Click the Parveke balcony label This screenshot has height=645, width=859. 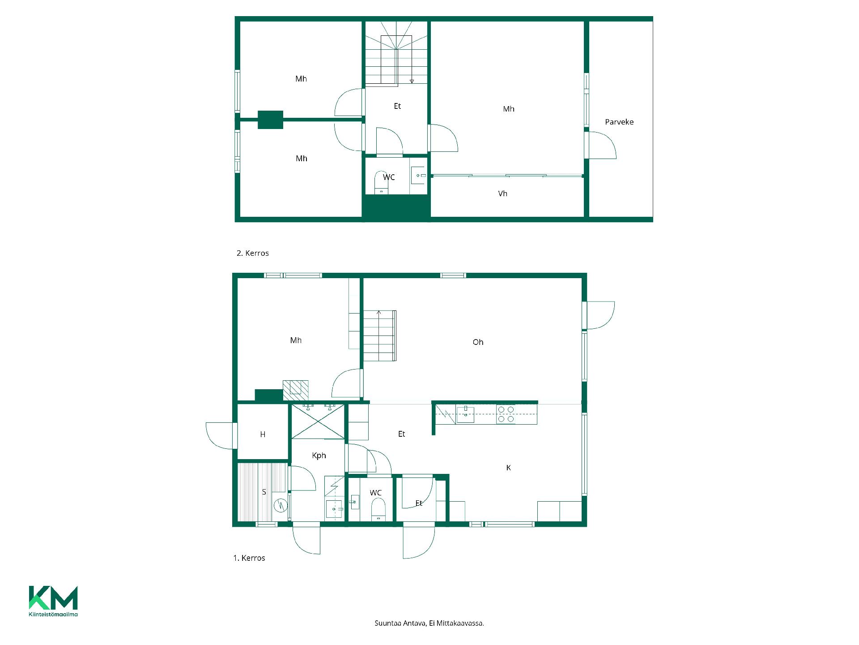tap(619, 122)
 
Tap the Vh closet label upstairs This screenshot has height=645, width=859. tap(502, 193)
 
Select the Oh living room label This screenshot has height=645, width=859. tap(478, 342)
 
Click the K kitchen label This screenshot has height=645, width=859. tap(508, 468)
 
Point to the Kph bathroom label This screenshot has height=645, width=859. tap(319, 456)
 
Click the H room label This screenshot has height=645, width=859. tap(263, 434)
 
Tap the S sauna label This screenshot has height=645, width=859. tap(264, 492)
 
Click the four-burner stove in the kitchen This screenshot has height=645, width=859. tap(506, 414)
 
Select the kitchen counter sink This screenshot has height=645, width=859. tap(465, 414)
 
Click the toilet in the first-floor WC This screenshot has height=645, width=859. tap(378, 509)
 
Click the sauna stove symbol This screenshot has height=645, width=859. tap(281, 505)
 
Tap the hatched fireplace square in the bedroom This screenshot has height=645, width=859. tap(295, 390)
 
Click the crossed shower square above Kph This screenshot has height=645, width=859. tap(318, 421)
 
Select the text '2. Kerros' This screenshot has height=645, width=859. tap(253, 253)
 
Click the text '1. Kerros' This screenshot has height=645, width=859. tap(249, 558)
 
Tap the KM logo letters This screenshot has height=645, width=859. tap(53, 598)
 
